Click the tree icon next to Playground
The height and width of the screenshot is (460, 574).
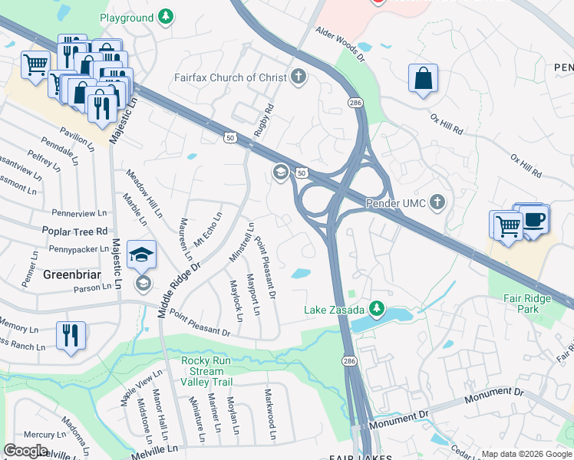click(165, 17)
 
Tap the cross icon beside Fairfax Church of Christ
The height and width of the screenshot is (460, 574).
click(299, 77)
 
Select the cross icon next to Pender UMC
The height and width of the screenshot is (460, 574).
click(437, 203)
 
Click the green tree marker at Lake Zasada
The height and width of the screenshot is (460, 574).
click(376, 309)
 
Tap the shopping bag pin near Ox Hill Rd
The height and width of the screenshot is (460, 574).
click(423, 79)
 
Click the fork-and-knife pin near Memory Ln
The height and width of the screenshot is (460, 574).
click(70, 335)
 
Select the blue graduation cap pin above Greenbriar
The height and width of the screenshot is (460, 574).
click(141, 255)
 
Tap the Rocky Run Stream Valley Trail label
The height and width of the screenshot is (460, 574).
click(217, 371)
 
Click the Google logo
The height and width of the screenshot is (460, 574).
click(25, 450)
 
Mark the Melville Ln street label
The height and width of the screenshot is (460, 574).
click(153, 449)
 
